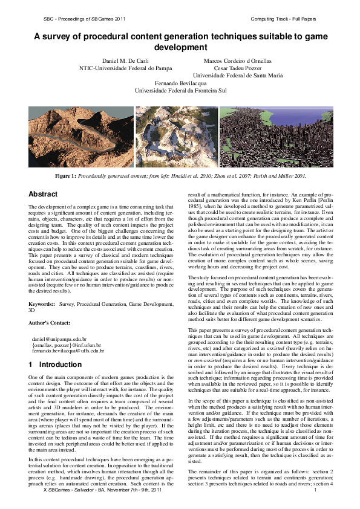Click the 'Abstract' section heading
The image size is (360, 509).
point(44,194)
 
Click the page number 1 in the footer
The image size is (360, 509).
point(316,497)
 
